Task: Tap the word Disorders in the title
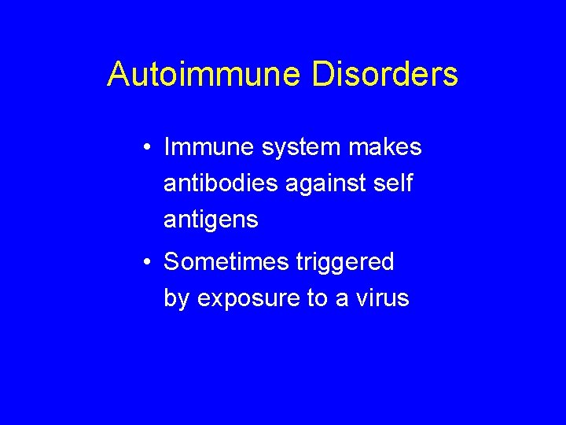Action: pyautogui.click(x=385, y=75)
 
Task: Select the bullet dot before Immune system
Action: pyautogui.click(x=148, y=148)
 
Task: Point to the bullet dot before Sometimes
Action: pyautogui.click(x=148, y=263)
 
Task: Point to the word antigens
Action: pyautogui.click(x=211, y=221)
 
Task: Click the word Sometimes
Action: pyautogui.click(x=226, y=262)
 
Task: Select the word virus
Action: pyautogui.click(x=384, y=299)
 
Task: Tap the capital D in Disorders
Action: pyautogui.click(x=322, y=75)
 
